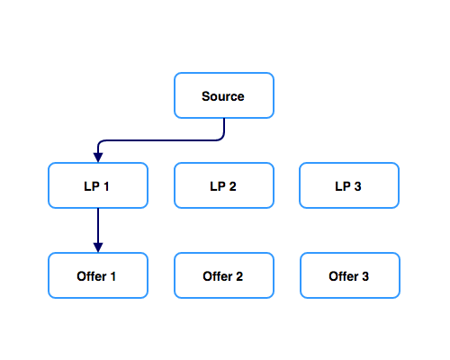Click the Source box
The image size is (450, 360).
[224, 95]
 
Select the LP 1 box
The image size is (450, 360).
[98, 185]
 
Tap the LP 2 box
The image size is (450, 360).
[224, 185]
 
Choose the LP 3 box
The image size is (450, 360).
[349, 185]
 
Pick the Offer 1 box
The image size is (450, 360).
[98, 275]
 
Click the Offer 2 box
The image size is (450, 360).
[224, 275]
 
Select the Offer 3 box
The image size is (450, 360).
[350, 275]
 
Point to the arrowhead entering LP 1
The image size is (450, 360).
[98, 157]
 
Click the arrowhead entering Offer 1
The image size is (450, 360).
[98, 247]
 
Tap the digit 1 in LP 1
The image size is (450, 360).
[106, 186]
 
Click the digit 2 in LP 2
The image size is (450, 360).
[232, 186]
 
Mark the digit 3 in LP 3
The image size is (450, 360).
[357, 186]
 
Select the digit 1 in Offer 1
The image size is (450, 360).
[113, 276]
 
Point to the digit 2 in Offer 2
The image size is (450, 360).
[239, 276]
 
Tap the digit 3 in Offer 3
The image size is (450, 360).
[365, 276]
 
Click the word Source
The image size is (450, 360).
[223, 96]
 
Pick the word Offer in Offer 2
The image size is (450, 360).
[218, 276]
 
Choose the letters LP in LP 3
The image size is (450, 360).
[343, 186]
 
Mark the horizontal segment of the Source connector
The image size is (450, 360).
[161, 140]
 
